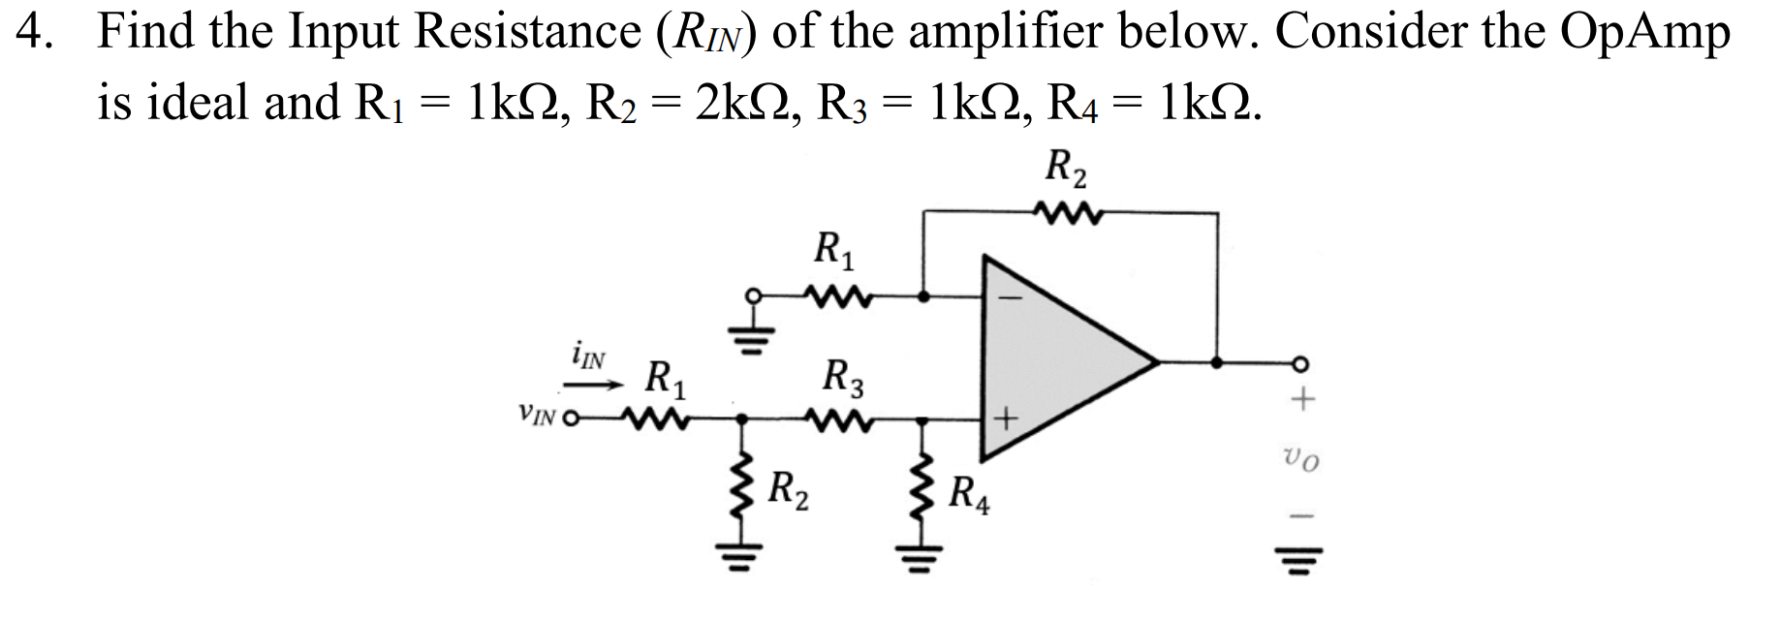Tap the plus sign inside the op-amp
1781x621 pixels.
tap(1007, 419)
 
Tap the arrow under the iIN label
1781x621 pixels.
tap(593, 387)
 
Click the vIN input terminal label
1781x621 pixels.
tap(536, 418)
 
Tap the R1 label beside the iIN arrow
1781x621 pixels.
tap(668, 378)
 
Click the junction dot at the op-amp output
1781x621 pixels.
tap(1217, 362)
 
